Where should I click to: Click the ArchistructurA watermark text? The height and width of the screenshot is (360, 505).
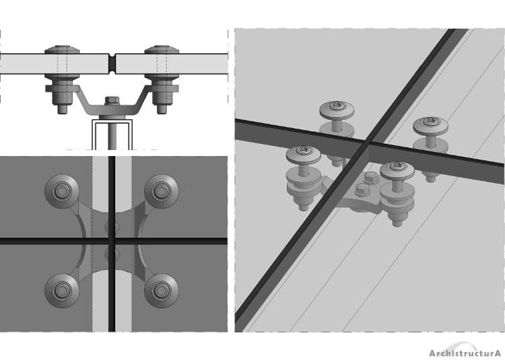[465, 353]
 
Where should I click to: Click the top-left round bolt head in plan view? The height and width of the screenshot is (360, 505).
[61, 191]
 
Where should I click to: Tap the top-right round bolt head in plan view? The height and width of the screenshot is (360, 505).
[162, 191]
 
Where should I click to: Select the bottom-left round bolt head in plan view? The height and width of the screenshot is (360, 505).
[61, 291]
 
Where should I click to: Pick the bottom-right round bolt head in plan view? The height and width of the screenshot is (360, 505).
[162, 291]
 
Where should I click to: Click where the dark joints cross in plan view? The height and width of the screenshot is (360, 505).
[112, 241]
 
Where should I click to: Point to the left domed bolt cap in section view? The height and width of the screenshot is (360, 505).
[62, 50]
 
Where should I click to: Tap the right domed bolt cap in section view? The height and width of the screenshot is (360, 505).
[162, 50]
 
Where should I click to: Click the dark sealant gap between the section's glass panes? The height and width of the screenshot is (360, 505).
[112, 64]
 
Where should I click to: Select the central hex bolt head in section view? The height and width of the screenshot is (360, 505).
[112, 100]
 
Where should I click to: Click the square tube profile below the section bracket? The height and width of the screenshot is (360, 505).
[112, 135]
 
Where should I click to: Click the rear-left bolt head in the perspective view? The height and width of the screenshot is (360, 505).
[337, 110]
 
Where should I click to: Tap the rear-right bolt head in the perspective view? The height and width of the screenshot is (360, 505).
[431, 125]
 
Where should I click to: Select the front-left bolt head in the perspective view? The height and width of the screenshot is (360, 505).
[304, 155]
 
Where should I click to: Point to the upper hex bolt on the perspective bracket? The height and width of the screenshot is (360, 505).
[371, 177]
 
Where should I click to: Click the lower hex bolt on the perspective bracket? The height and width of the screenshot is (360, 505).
[362, 190]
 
